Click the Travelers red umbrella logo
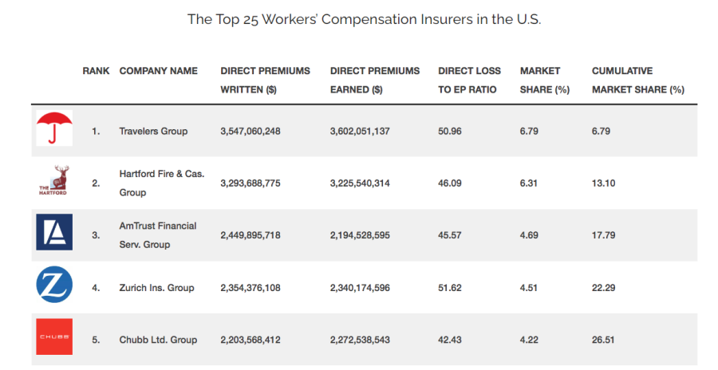pos(54,128)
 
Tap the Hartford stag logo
pos(53,181)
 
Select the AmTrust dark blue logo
pos(54,232)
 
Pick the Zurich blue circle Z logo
pos(54,285)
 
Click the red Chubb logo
pos(54,337)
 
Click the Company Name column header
pos(158,71)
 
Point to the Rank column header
pos(96,71)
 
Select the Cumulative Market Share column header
pos(637,81)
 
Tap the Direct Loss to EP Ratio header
pos(467,81)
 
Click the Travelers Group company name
pos(153,131)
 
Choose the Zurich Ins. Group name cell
pos(156,288)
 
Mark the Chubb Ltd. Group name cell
pos(158,340)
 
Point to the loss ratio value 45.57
pos(451,235)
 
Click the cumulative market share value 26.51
pos(604,340)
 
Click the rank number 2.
pos(96,183)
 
